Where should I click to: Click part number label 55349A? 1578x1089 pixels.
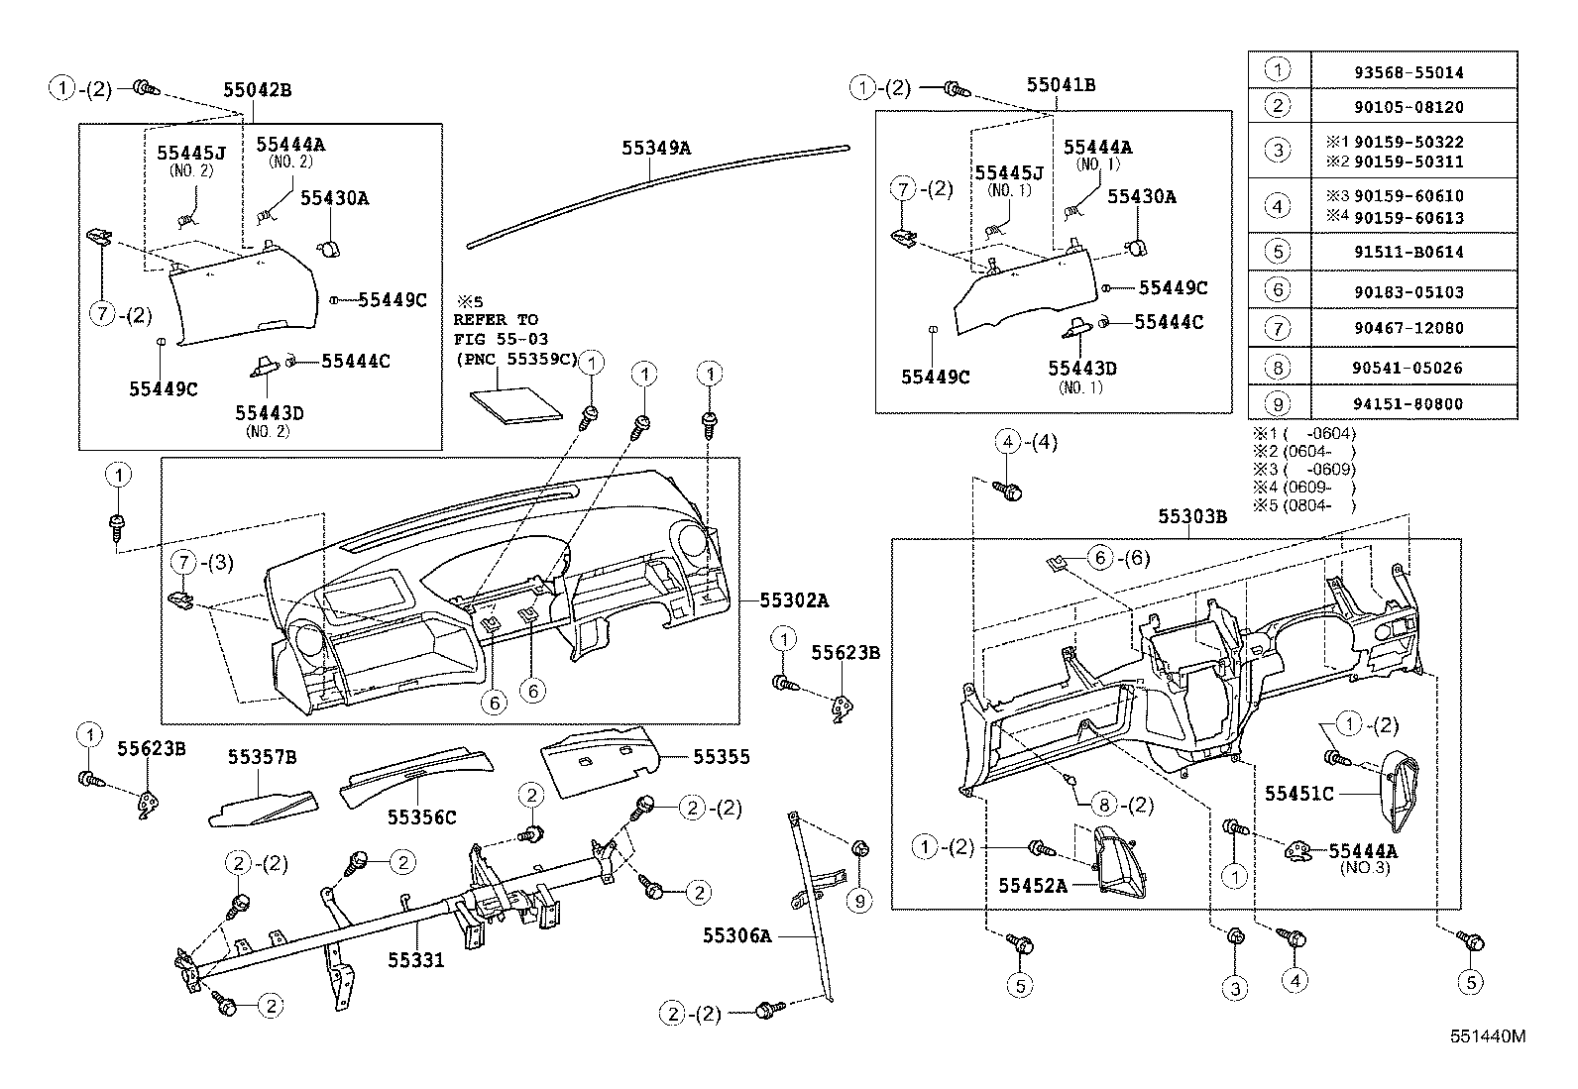click(x=655, y=149)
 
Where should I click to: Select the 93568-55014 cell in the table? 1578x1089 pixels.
click(x=1414, y=72)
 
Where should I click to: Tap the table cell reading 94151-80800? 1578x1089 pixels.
click(x=1414, y=404)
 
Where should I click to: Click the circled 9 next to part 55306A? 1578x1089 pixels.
click(x=860, y=901)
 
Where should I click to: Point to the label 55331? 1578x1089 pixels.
click(x=415, y=960)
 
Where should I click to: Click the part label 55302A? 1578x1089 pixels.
click(x=795, y=599)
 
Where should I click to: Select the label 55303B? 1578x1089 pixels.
click(x=1192, y=517)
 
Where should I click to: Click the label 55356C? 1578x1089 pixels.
click(x=421, y=817)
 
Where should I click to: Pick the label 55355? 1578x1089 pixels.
click(x=721, y=757)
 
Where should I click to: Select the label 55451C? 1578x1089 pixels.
click(x=1298, y=793)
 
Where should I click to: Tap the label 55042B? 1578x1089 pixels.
click(x=257, y=89)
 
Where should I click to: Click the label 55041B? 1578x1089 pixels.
click(x=1061, y=85)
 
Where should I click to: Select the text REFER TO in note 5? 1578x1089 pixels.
click(x=496, y=320)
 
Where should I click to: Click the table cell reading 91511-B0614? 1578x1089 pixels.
click(x=1414, y=253)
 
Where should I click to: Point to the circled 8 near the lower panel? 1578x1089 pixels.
click(x=1103, y=805)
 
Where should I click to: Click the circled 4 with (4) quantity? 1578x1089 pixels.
click(x=1007, y=443)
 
